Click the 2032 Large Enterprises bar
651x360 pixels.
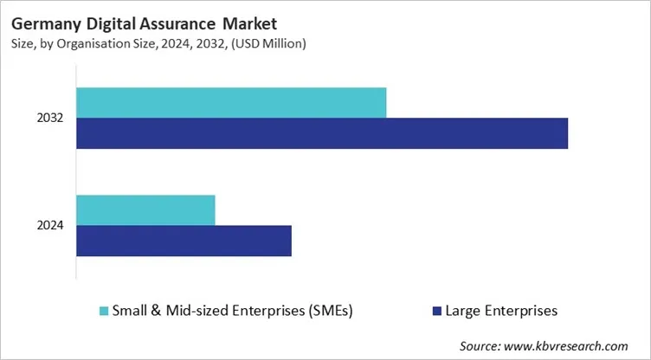pos(322,133)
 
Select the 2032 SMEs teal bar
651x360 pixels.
pos(231,103)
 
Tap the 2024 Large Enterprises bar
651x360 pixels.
pos(184,241)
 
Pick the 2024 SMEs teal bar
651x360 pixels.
pos(145,210)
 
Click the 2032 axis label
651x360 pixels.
pos(50,118)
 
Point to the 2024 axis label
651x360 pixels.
pos(50,226)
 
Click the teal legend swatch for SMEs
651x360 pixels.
pos(105,310)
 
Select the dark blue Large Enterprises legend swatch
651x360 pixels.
pos(436,310)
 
